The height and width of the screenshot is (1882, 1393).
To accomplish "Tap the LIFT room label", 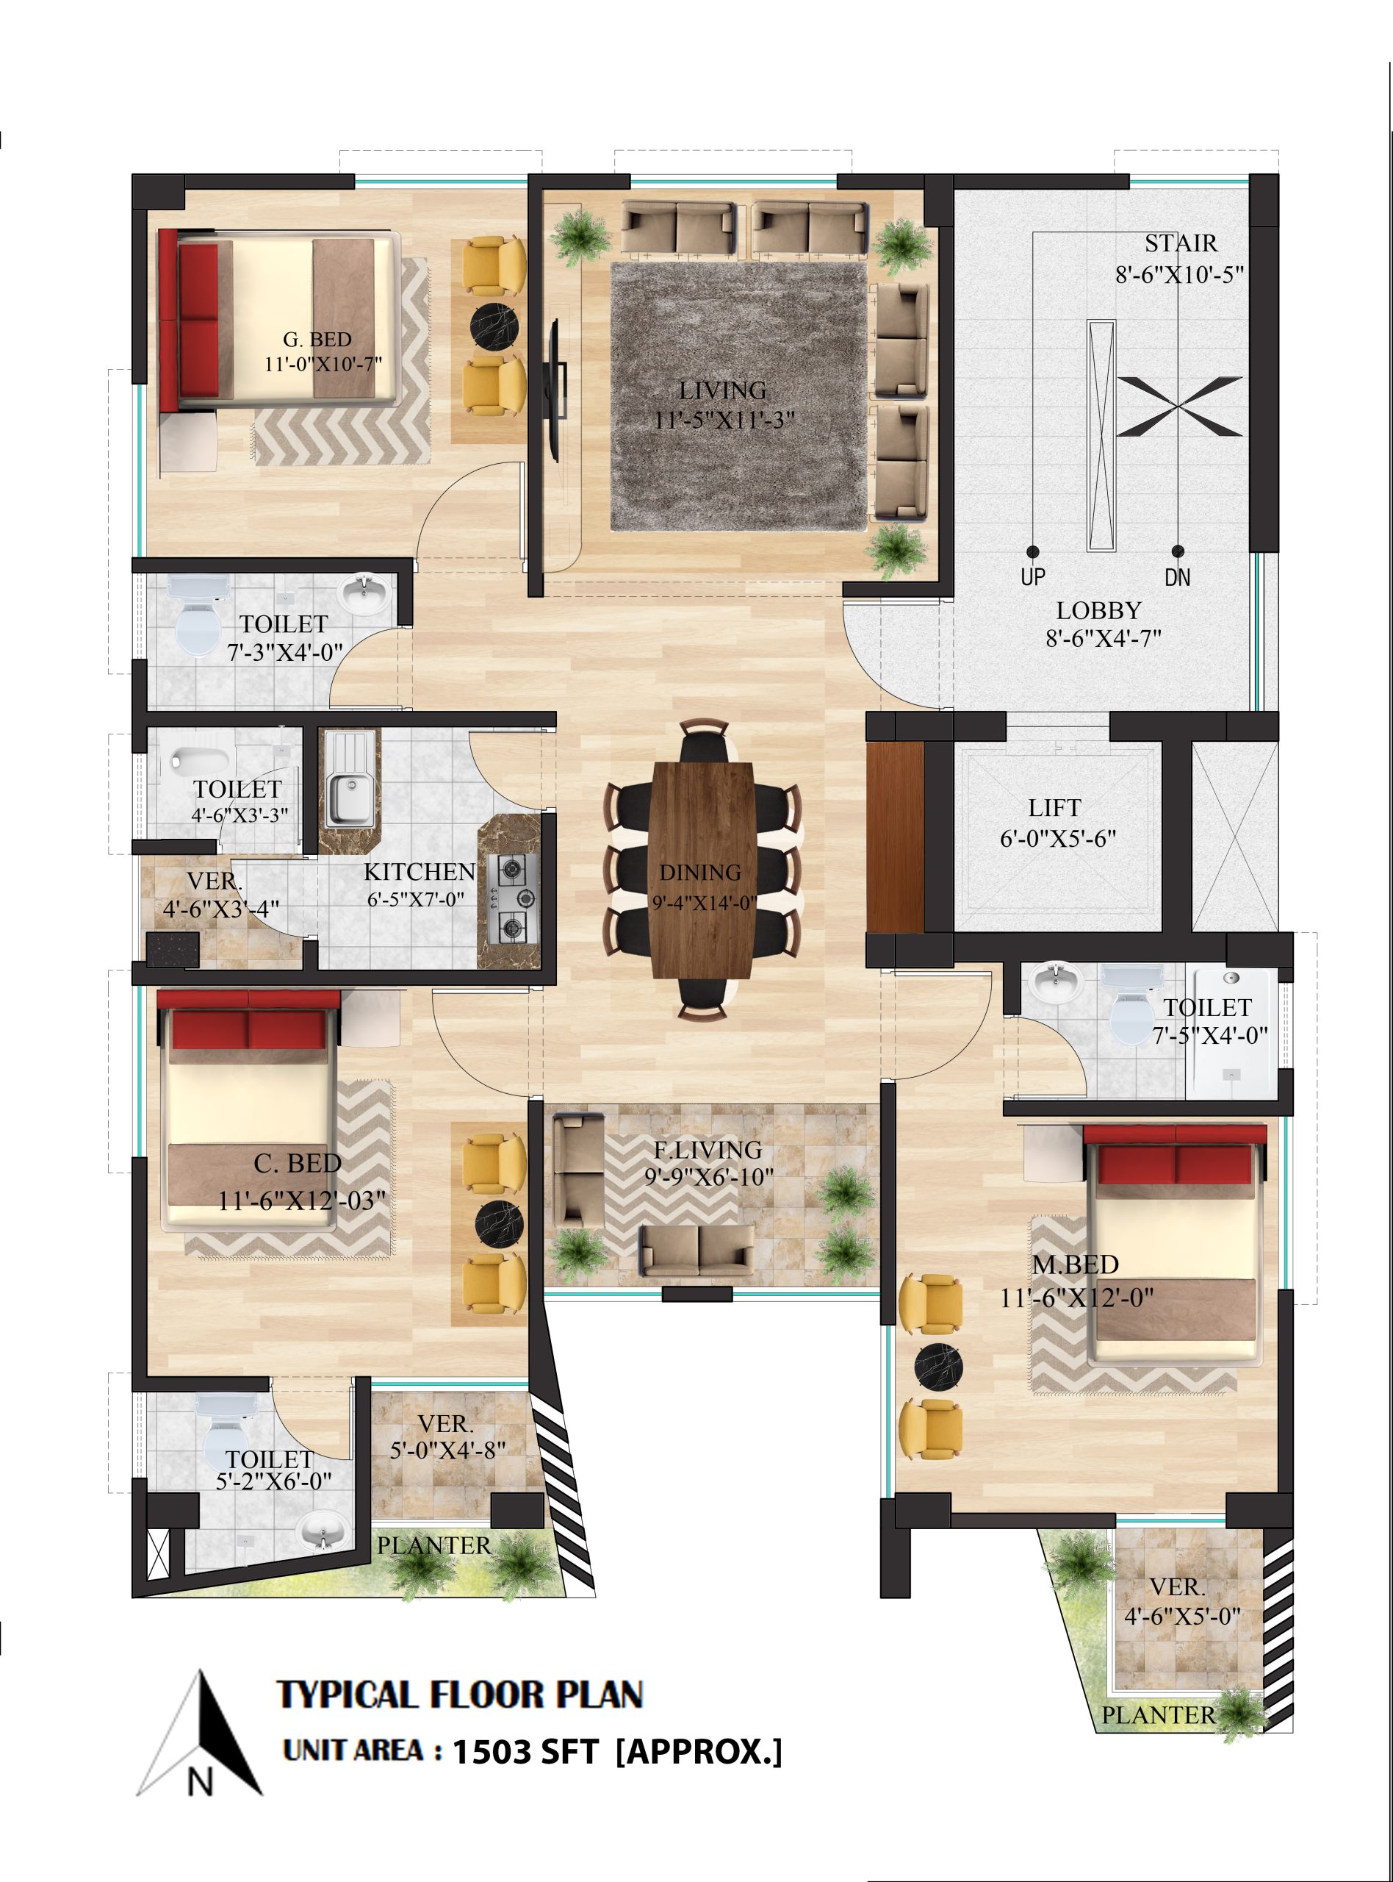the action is (x=1054, y=808).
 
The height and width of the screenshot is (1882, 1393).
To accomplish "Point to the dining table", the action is (x=702, y=870).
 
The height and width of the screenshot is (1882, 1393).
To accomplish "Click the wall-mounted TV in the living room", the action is (x=554, y=390).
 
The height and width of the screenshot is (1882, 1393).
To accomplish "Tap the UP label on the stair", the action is (x=1033, y=577).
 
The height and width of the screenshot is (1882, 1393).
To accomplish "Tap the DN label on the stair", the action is (x=1178, y=577).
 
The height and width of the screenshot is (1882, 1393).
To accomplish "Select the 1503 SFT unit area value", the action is (x=526, y=1753).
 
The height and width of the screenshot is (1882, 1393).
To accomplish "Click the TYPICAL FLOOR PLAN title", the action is (x=461, y=1695).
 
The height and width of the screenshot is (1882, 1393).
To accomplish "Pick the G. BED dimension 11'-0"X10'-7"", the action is (x=324, y=365).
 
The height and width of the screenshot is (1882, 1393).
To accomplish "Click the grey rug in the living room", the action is (x=738, y=396).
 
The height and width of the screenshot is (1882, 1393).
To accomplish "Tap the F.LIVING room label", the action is (x=708, y=1150).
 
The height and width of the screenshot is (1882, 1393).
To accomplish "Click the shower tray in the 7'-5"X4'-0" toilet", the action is (x=1232, y=1034).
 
